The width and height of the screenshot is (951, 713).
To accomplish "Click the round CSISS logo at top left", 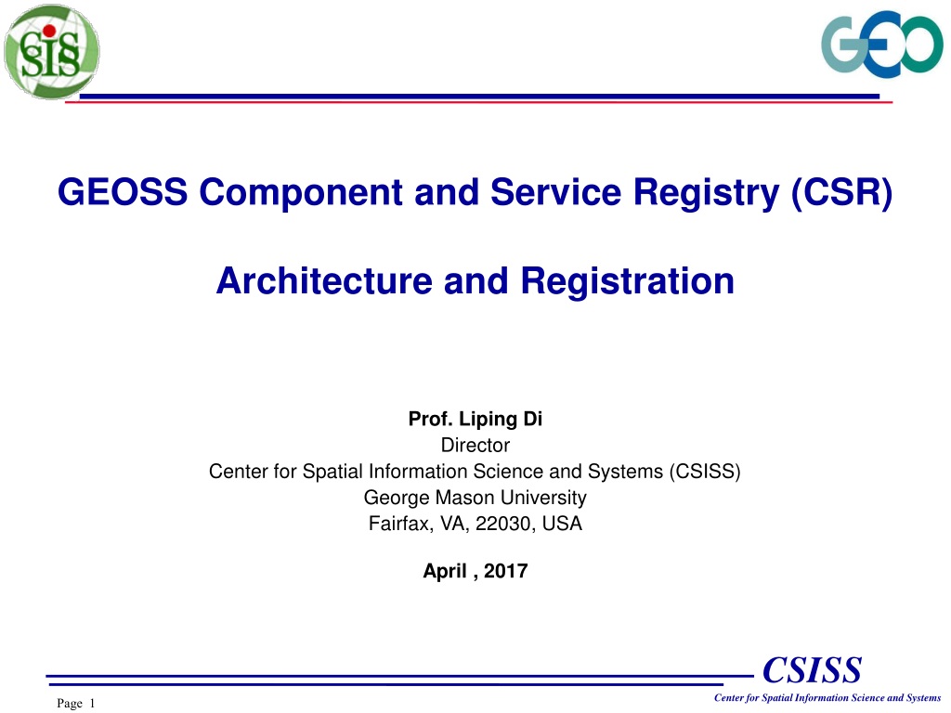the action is tap(52, 52).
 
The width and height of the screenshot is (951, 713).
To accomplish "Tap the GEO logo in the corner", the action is tap(882, 44).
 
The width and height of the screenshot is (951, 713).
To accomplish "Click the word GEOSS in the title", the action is tap(123, 191).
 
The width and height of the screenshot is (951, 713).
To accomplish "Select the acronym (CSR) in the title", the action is tap(841, 193).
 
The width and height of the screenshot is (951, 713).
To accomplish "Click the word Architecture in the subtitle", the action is tap(324, 280).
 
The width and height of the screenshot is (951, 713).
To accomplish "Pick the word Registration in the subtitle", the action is tap(627, 282).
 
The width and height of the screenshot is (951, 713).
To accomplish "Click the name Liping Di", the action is tap(501, 419).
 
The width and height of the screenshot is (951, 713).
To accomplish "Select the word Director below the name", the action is tap(475, 445).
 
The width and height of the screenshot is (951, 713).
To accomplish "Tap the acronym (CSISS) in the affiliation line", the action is tap(705, 471).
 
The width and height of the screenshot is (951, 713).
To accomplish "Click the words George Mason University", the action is tap(475, 498).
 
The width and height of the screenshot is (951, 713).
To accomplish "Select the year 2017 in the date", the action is tap(506, 571).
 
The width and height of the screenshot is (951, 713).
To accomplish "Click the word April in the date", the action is tap(445, 571).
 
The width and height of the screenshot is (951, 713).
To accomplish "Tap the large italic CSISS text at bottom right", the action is tap(812, 670).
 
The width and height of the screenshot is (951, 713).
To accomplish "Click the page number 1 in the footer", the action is tap(92, 704).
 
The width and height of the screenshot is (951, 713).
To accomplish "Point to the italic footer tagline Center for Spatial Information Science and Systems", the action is tap(827, 698).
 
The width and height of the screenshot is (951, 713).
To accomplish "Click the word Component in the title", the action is tap(301, 193).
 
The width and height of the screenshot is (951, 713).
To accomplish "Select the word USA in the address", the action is tap(562, 524).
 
